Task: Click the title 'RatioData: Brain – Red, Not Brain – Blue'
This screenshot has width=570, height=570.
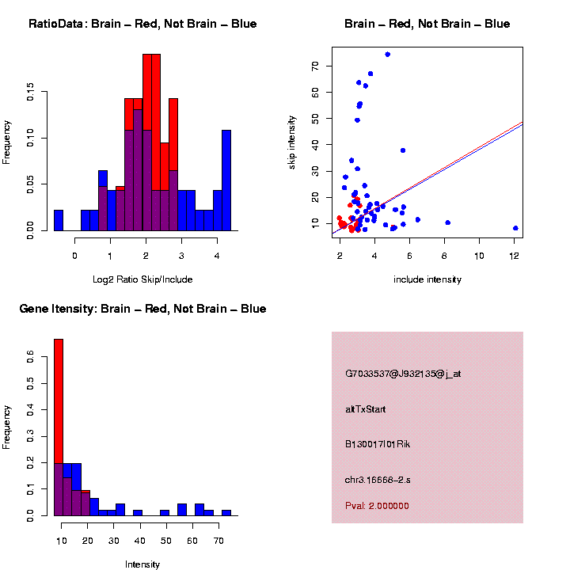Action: click(142, 24)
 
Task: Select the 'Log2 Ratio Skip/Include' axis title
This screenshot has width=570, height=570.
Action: click(142, 279)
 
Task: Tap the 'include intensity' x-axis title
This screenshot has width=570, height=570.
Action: click(427, 279)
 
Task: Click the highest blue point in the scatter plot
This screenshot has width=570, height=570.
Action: click(387, 55)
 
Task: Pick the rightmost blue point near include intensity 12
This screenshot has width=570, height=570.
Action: click(515, 228)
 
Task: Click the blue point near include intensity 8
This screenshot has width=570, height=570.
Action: click(448, 223)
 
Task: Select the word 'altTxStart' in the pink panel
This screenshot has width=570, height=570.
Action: click(366, 409)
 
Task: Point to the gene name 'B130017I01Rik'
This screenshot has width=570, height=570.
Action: click(378, 444)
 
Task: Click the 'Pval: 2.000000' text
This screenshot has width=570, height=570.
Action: click(377, 506)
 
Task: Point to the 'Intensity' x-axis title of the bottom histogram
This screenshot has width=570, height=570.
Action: click(142, 564)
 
